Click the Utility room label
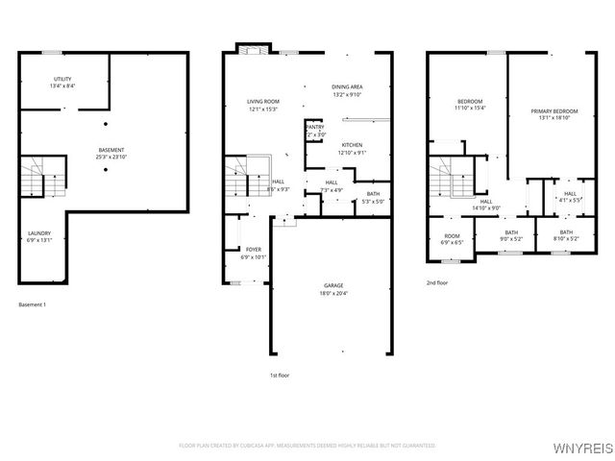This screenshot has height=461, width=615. click(x=62, y=79)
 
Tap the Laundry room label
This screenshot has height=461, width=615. click(x=38, y=231)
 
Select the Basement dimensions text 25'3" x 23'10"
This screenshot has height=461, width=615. click(x=111, y=157)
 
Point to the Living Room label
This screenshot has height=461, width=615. click(x=262, y=101)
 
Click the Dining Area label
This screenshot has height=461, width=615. click(x=347, y=87)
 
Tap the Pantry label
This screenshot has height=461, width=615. click(x=315, y=127)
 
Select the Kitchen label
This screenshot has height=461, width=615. click(x=353, y=145)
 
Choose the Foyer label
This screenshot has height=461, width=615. click(x=254, y=250)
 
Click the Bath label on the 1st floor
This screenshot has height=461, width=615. click(x=372, y=194)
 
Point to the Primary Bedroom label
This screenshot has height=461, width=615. click(x=554, y=111)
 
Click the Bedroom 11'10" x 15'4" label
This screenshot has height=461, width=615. click(x=470, y=101)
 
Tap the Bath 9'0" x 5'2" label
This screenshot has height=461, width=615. click(x=510, y=231)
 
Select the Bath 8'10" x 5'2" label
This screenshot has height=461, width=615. click(x=566, y=231)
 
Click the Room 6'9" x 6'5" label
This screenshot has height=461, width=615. click(x=452, y=236)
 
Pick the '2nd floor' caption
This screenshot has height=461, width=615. click(x=437, y=283)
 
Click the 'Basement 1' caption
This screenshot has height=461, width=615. click(x=33, y=304)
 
